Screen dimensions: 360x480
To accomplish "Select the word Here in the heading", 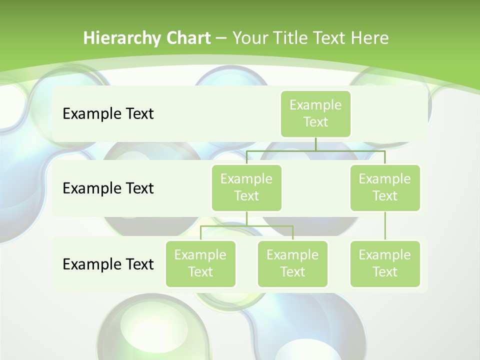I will point(369,38).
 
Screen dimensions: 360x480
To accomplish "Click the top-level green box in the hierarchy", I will point(315,114).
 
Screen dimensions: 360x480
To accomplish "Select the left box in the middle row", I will point(246,187).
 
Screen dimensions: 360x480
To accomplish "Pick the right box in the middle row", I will point(385,187).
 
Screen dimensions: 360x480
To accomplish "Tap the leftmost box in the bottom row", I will point(200,263).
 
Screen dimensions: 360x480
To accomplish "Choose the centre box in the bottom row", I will point(292,263).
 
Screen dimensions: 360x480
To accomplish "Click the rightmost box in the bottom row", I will point(385,263).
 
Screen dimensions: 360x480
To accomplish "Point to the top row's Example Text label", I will point(108,114).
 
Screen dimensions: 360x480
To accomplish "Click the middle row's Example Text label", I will point(108,188).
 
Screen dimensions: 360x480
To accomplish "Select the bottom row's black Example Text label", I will point(108,264).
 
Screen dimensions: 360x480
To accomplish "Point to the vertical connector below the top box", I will point(315,144).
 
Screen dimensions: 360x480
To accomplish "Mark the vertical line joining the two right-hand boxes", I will point(385,226).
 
